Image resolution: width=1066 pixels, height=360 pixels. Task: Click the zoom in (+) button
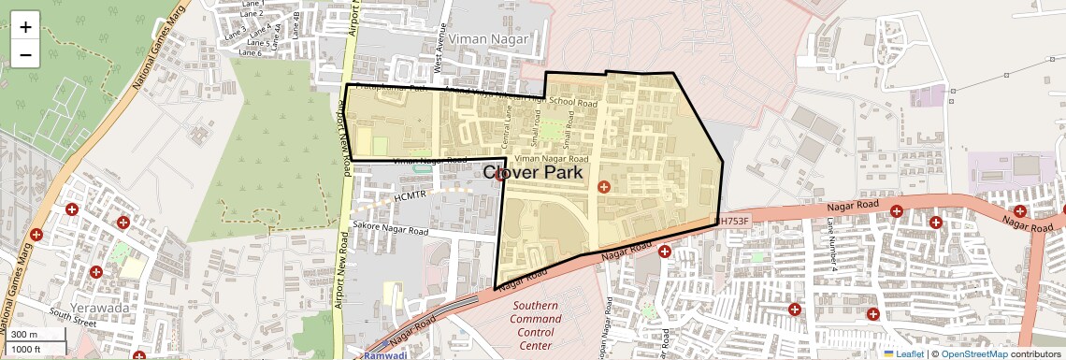pos(25,27)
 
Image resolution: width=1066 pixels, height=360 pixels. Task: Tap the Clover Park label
pos(533,173)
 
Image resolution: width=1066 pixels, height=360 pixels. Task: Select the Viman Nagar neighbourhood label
pos(488,39)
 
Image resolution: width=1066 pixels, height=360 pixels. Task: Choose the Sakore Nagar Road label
pos(390,229)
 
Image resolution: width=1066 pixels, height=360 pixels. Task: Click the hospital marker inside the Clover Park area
pos(604,187)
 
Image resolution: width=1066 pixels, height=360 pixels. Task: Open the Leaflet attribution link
pos(903,353)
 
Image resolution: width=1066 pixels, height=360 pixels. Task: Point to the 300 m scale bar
pos(37,335)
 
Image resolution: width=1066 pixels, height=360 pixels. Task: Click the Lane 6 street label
pos(250,52)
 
